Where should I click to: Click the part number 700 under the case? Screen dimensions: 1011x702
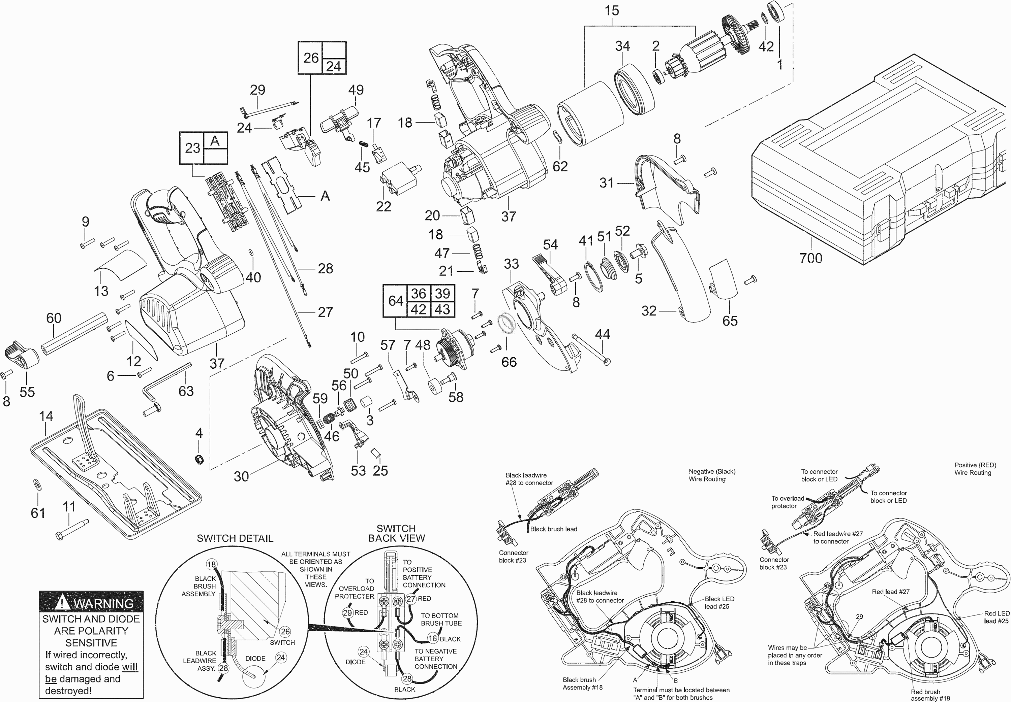(x=811, y=258)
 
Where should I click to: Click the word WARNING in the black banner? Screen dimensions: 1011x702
(x=103, y=603)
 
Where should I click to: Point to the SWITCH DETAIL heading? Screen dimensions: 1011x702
(x=235, y=538)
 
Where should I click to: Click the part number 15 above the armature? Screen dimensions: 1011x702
(x=612, y=10)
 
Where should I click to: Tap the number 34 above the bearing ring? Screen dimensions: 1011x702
(x=622, y=46)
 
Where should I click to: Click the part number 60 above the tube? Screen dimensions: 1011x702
(x=54, y=318)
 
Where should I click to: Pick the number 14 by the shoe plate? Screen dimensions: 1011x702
(x=46, y=416)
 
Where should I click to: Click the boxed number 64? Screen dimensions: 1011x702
(x=396, y=301)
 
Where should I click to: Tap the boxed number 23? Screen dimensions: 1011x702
(x=192, y=148)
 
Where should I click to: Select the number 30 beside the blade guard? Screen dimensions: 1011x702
(x=241, y=476)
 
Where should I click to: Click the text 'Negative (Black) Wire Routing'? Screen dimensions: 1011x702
(x=712, y=475)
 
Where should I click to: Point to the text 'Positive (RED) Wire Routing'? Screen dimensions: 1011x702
(x=975, y=469)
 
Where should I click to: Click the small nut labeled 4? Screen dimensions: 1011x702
(x=200, y=460)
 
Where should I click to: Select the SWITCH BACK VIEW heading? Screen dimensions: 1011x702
(x=396, y=533)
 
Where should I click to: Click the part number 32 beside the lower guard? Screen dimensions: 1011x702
(x=649, y=311)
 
